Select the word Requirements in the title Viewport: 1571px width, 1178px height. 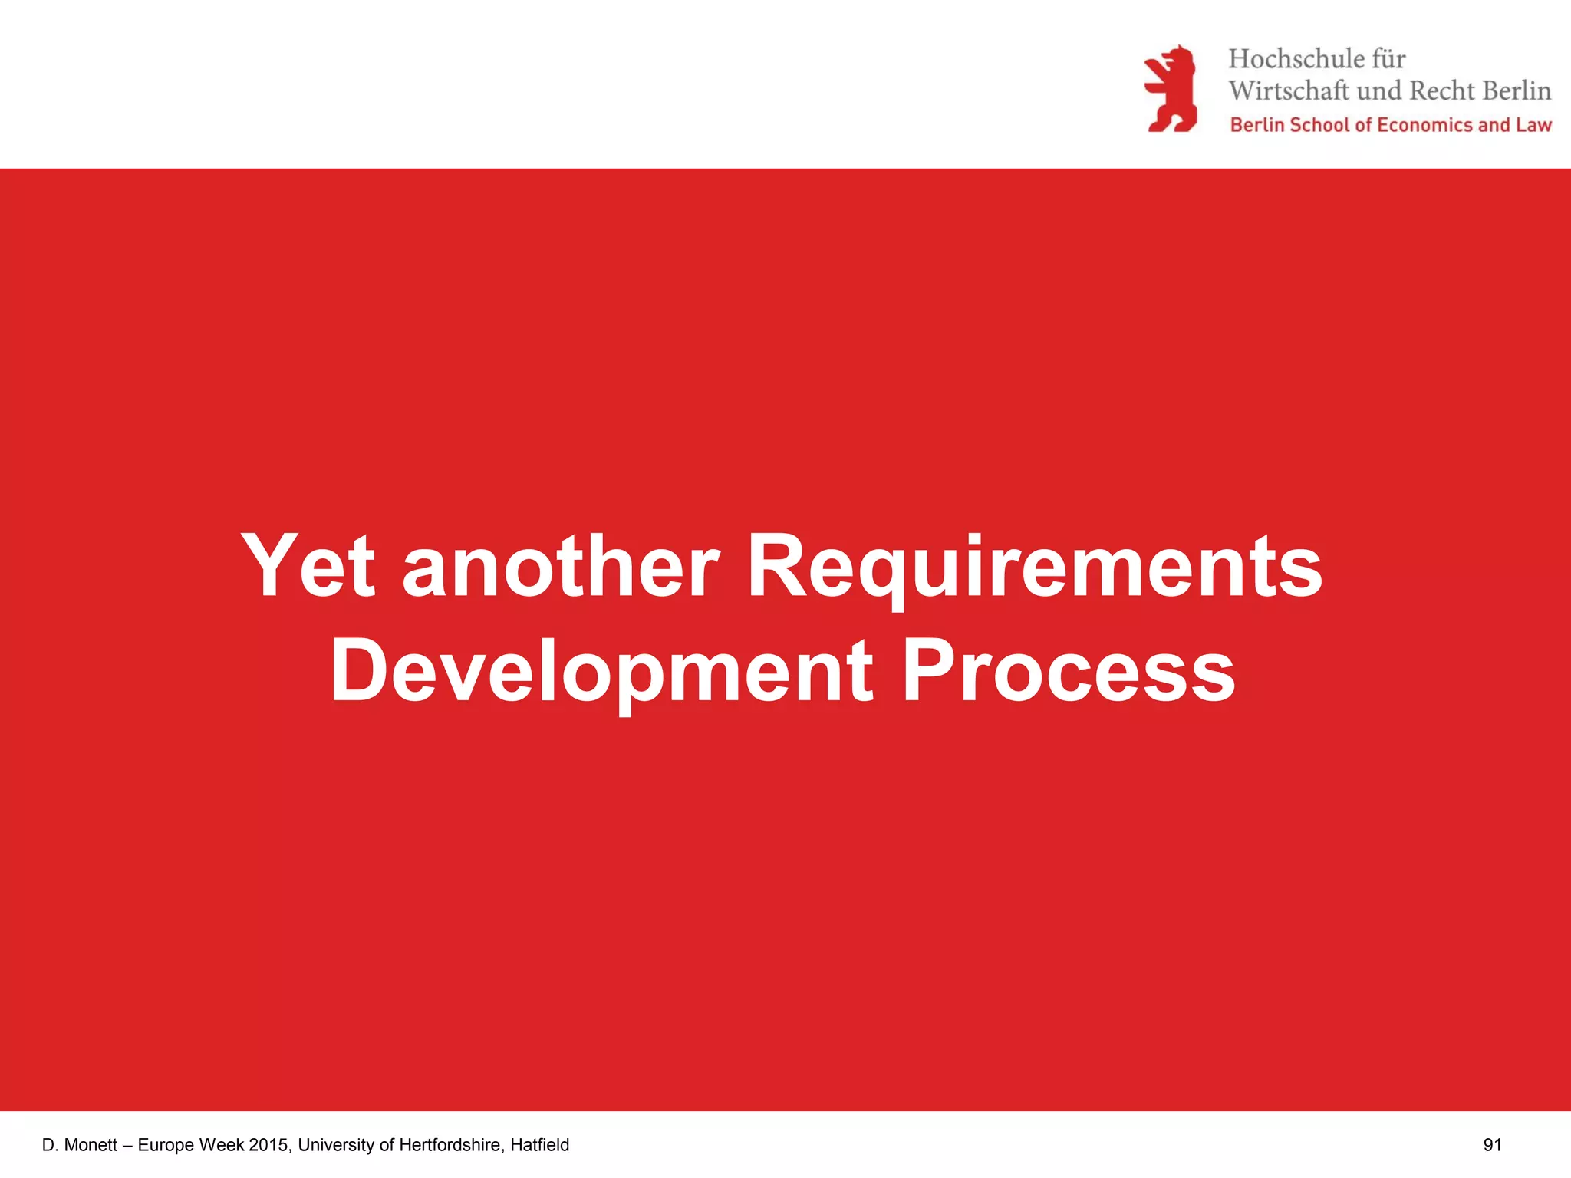click(x=1034, y=568)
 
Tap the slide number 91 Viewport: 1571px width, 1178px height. click(x=1492, y=1145)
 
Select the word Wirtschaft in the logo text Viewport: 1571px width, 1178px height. click(x=1289, y=91)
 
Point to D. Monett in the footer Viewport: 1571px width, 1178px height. click(x=80, y=1145)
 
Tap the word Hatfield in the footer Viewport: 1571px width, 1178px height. click(x=539, y=1145)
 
